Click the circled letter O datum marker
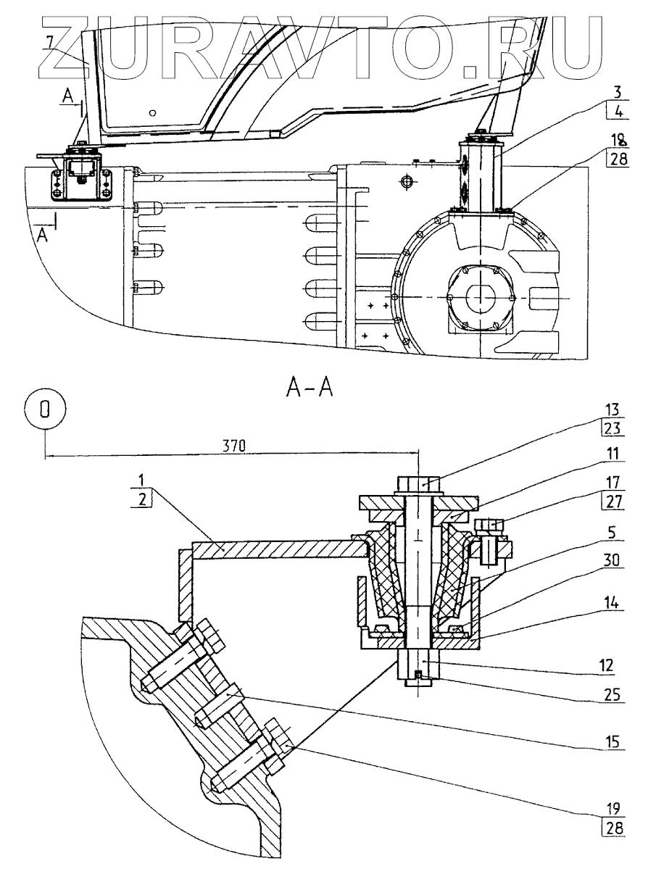(x=45, y=409)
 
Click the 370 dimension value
(x=233, y=446)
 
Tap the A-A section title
(x=310, y=388)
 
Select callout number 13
(x=613, y=409)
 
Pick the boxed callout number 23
(x=613, y=428)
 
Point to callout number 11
(x=613, y=454)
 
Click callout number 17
(x=613, y=483)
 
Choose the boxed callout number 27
(x=613, y=501)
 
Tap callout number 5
(x=613, y=532)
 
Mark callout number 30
(x=613, y=560)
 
